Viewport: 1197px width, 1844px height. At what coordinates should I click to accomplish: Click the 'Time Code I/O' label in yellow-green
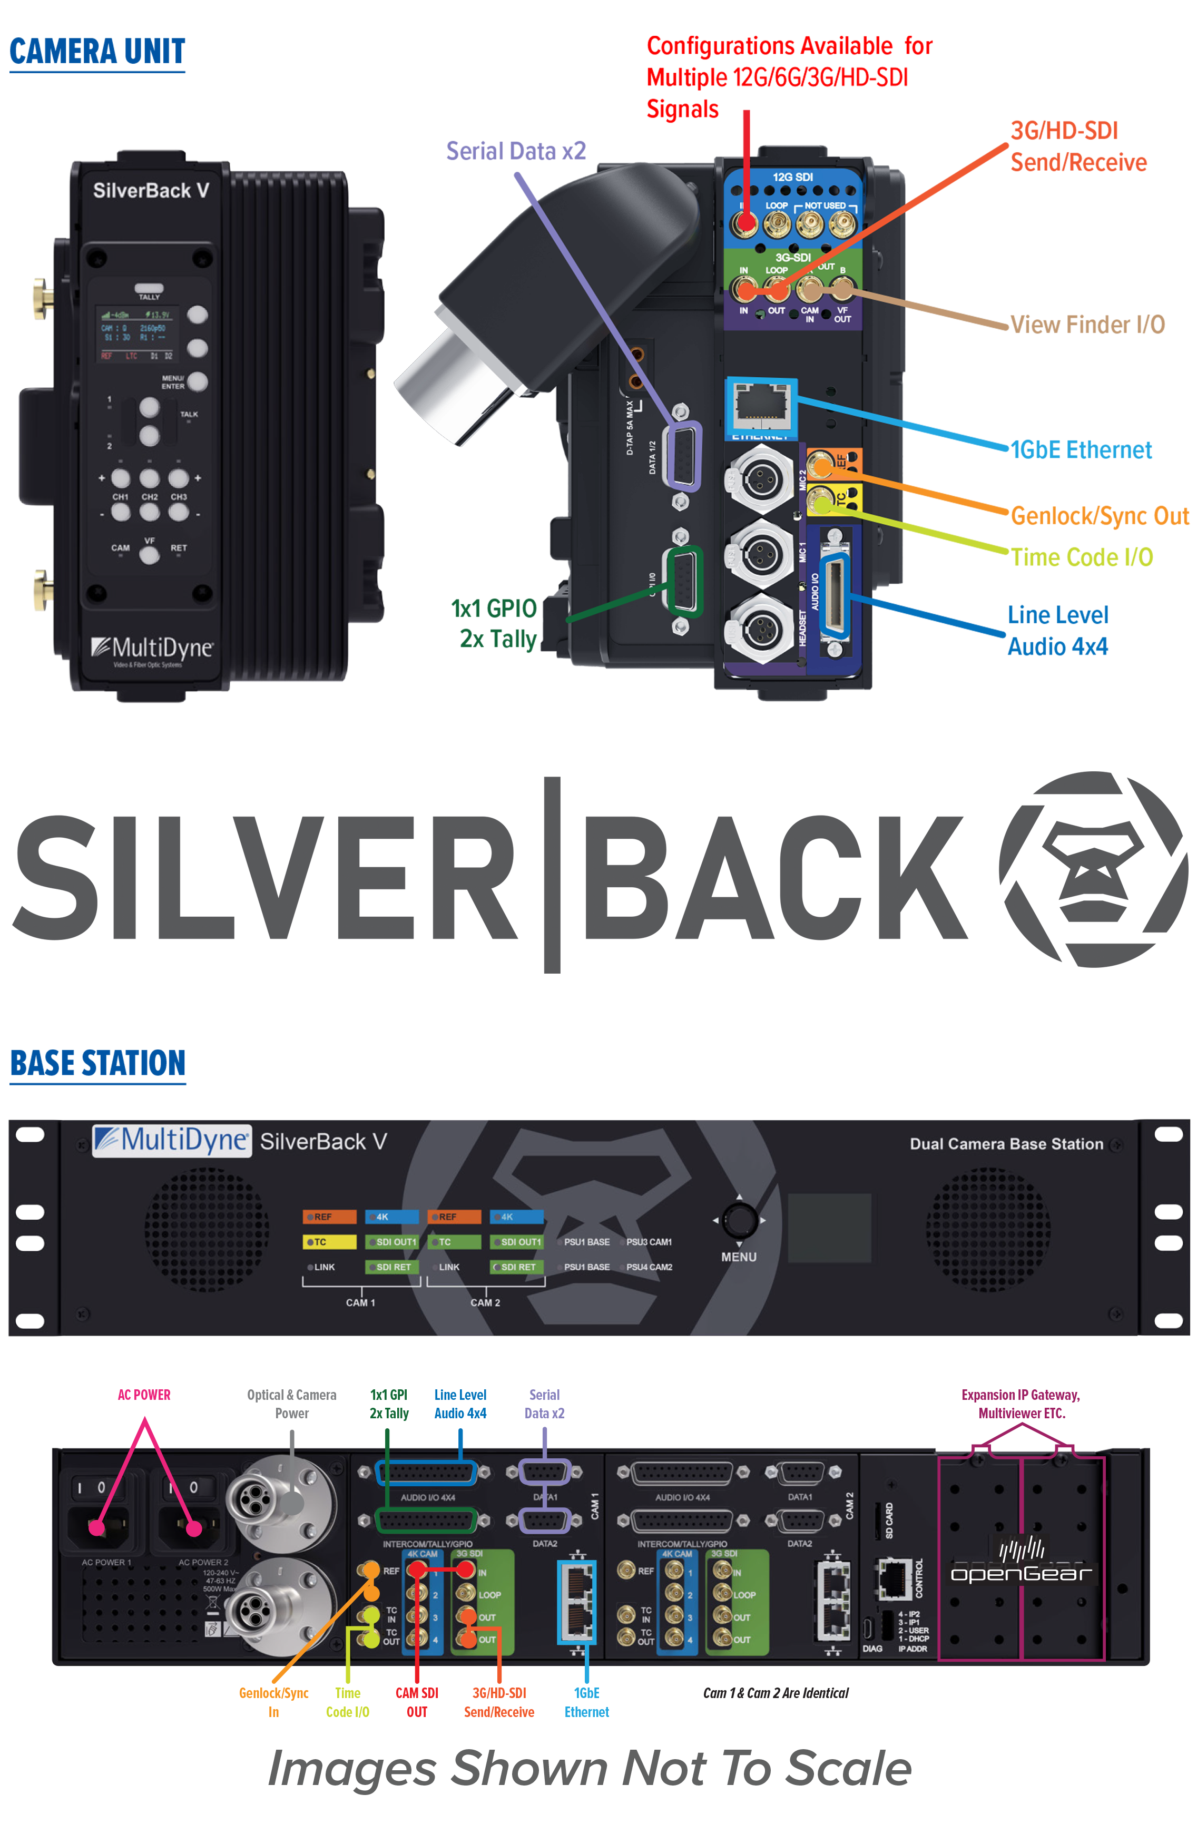[x=1082, y=557]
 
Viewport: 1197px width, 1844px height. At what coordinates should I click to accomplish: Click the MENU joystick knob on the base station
[x=739, y=1220]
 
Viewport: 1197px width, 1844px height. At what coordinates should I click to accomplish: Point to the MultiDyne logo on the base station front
[x=171, y=1141]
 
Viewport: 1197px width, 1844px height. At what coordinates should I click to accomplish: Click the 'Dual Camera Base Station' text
[x=1006, y=1144]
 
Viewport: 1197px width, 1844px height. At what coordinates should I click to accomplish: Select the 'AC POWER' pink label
[x=144, y=1395]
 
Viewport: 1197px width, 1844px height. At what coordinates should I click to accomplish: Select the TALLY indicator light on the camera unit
[x=149, y=288]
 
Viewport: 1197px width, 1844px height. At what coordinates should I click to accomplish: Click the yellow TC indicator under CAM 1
[x=329, y=1242]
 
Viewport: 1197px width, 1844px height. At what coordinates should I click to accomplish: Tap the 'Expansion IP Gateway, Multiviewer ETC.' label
[x=1021, y=1404]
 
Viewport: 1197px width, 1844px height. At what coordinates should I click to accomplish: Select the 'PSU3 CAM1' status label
[x=649, y=1242]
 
